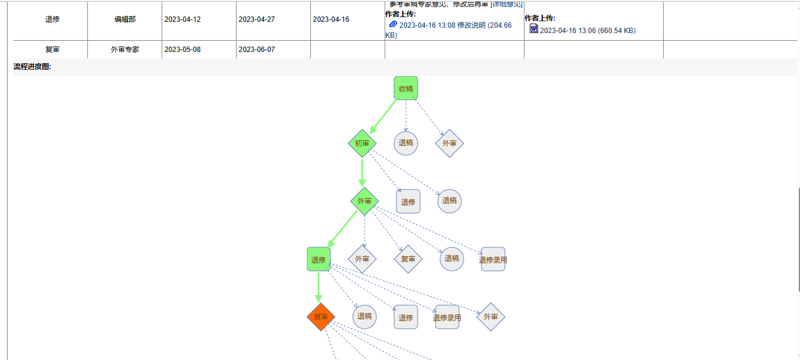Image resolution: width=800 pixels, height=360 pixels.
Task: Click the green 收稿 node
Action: coord(406,89)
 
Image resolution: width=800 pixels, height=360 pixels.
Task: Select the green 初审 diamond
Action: coord(362,143)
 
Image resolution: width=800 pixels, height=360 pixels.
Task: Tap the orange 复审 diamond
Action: coord(321,317)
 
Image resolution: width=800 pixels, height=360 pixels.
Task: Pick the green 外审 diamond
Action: coord(365,201)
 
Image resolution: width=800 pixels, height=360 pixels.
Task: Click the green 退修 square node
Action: coord(319,259)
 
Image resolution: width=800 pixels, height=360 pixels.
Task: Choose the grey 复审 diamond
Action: coord(408,259)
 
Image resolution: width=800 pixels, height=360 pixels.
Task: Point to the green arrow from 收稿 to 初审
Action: coord(383,116)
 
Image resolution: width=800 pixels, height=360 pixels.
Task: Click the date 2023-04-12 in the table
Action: coord(182,19)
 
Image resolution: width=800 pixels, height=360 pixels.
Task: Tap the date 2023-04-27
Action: coord(257,19)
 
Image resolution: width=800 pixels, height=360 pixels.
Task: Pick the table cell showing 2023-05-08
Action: coord(182,50)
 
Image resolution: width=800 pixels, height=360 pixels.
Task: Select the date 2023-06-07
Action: coord(257,50)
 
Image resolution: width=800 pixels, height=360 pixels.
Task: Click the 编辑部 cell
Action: coord(124,19)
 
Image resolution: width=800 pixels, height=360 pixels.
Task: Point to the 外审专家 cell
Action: coord(124,50)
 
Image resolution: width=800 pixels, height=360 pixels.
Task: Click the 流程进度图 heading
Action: coord(32,67)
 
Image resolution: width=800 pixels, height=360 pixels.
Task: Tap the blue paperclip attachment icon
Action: coord(394,24)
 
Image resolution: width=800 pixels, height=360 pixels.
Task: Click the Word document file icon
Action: coord(534,29)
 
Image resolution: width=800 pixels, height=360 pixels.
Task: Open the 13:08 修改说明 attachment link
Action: coord(455,25)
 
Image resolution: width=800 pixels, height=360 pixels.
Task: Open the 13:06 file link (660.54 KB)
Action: coord(588,30)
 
